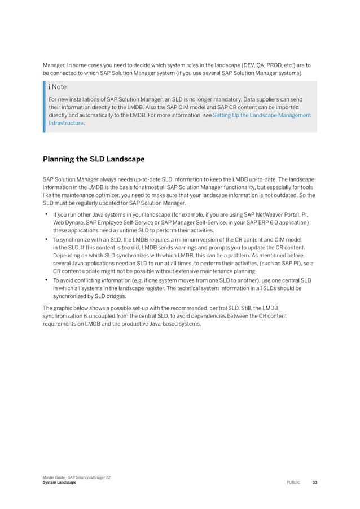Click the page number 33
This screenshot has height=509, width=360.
pyautogui.click(x=314, y=482)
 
